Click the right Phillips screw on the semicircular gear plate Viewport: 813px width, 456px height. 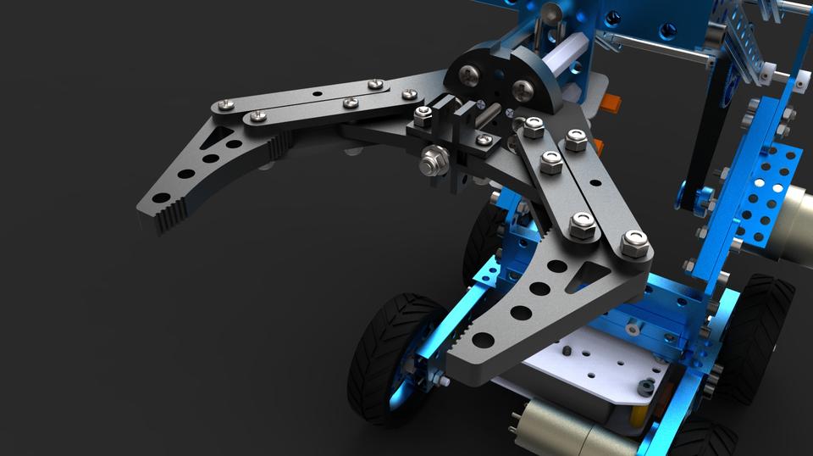[x=523, y=86]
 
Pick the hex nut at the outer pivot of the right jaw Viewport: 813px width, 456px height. [x=633, y=243]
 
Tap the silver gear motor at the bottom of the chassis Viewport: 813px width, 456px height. [x=559, y=428]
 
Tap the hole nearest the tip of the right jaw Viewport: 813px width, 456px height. [x=483, y=340]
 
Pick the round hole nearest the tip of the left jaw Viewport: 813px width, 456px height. [x=162, y=198]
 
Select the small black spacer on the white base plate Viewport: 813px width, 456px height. [x=645, y=387]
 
